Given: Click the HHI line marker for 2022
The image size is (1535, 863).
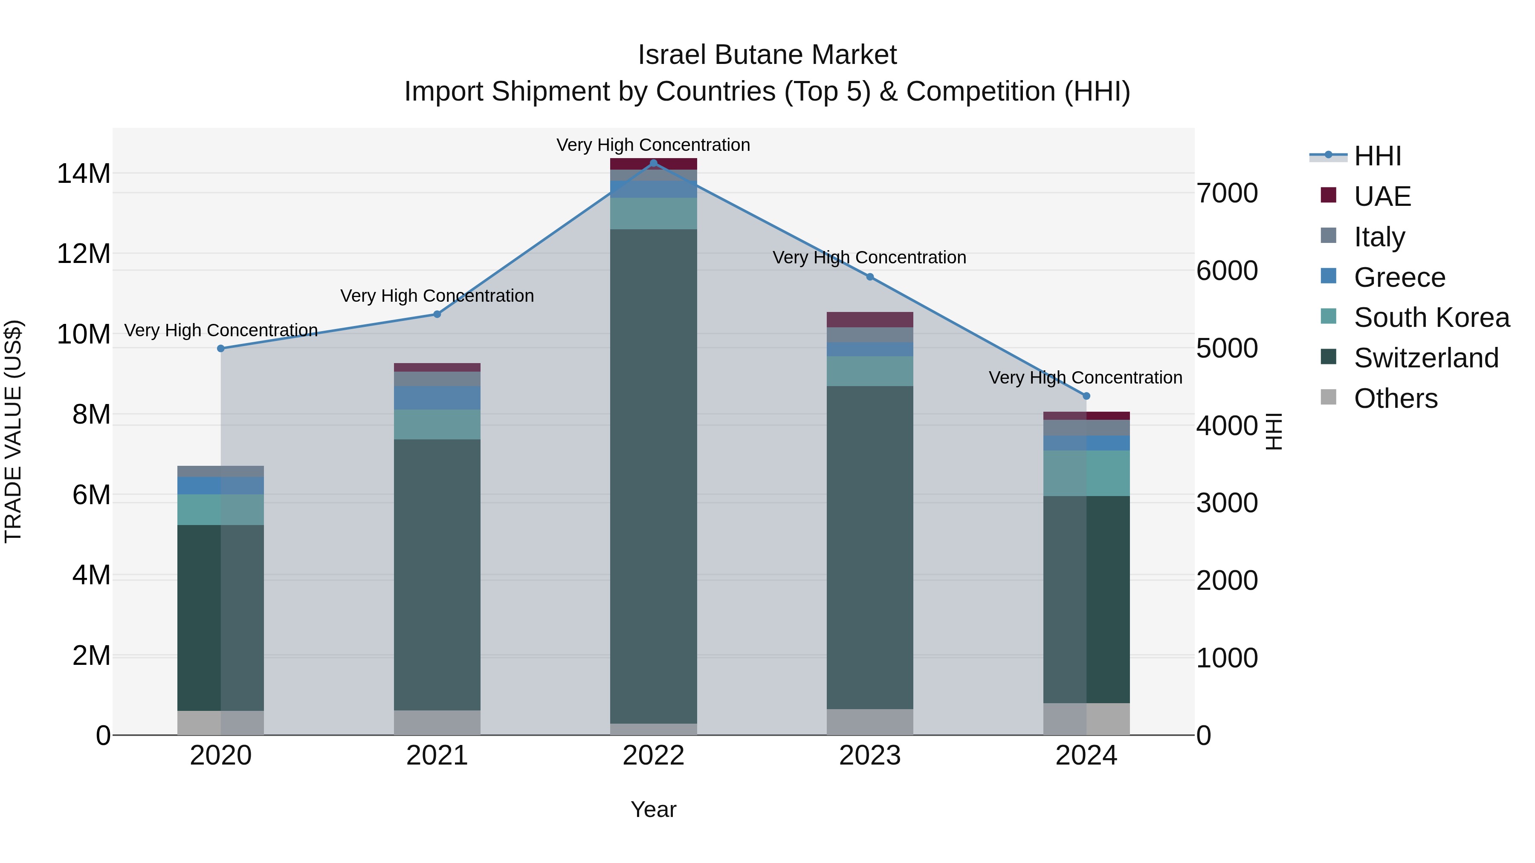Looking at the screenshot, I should point(653,163).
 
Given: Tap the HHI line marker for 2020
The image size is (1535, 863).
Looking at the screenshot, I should point(220,349).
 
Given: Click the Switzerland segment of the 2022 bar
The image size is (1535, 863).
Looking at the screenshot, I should point(653,476).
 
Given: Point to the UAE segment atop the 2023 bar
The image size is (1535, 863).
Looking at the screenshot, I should point(869,319).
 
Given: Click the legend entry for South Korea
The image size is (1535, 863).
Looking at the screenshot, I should point(1431,317).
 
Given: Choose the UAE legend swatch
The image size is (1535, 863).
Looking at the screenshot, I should point(1328,195).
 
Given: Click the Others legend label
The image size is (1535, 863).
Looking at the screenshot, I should point(1395,398).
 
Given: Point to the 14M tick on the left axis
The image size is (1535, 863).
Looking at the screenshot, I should point(84,174).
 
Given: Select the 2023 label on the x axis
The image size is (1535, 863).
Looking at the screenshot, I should point(869,756).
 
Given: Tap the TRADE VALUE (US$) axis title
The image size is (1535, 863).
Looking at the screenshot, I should point(13,431).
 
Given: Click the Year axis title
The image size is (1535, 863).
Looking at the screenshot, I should point(653,809).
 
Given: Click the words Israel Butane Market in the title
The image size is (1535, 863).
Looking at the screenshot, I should point(767,55).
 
